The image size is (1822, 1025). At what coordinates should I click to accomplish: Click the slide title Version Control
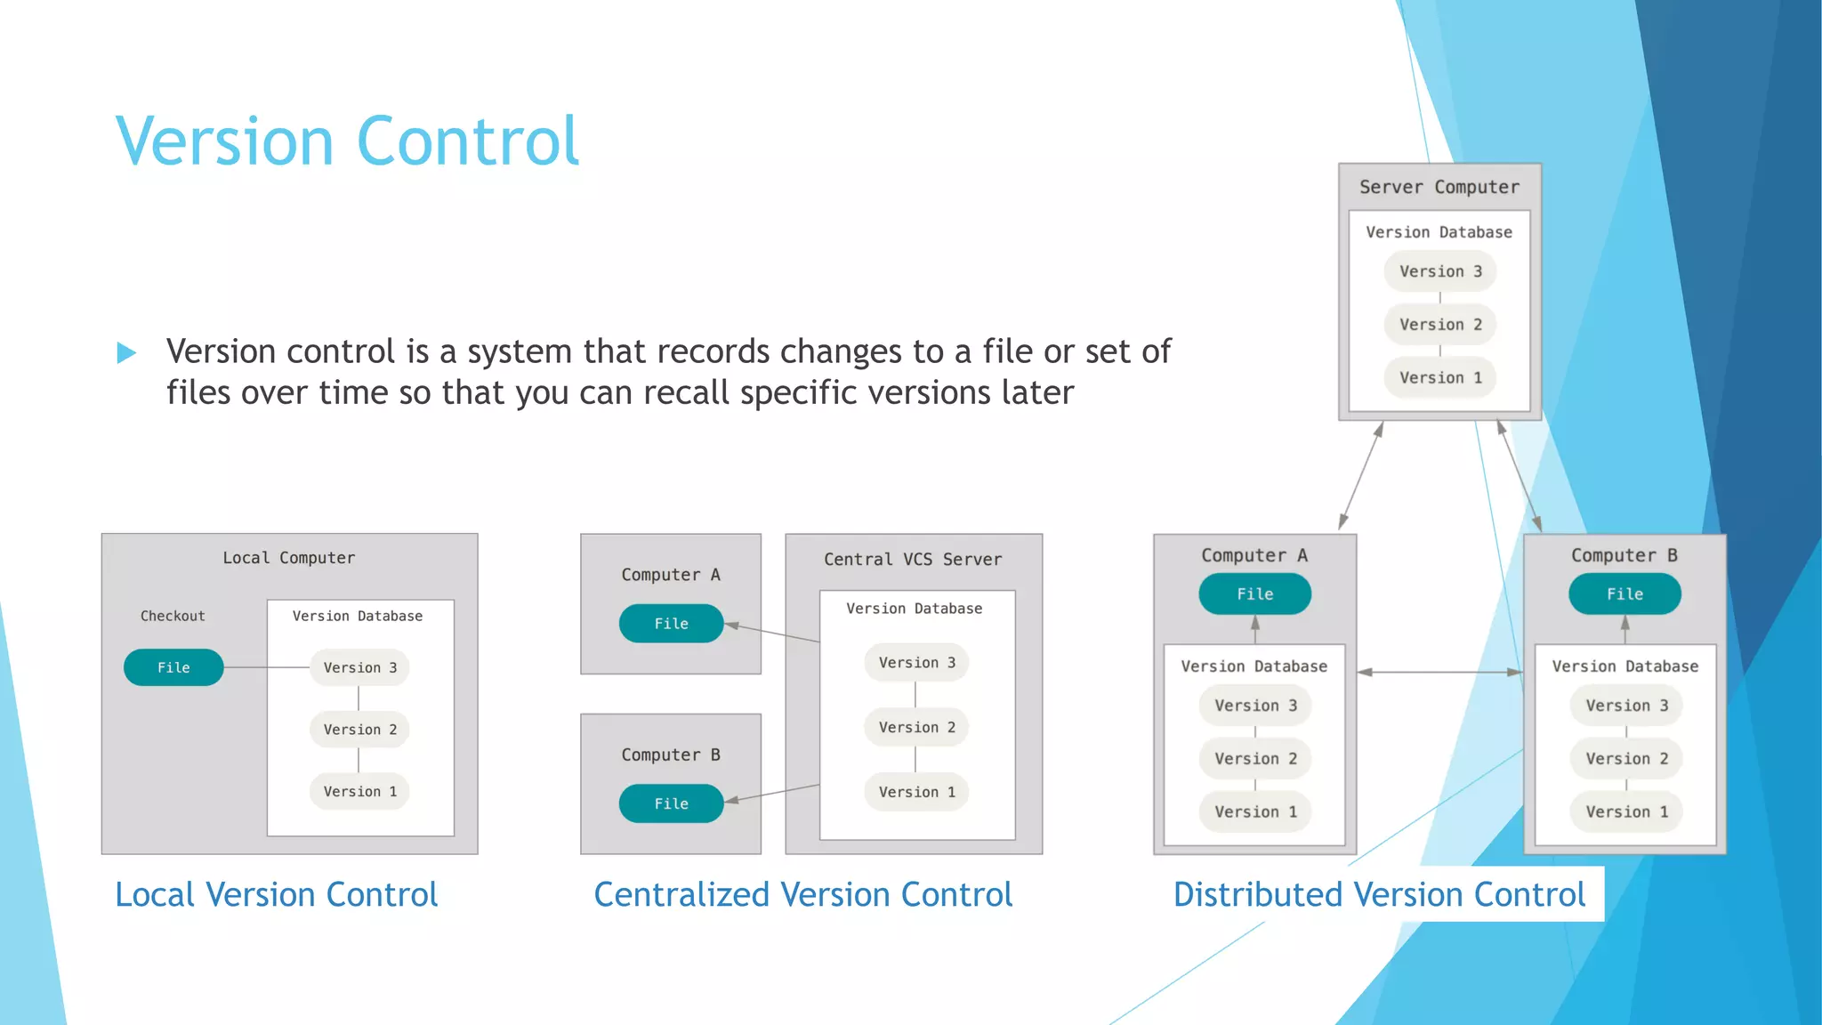347,141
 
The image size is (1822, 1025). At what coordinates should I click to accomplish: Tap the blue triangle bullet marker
126,353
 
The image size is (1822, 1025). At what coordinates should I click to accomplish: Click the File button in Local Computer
173,667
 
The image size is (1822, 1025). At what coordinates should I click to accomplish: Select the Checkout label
173,616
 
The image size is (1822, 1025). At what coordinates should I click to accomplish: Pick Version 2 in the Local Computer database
359,730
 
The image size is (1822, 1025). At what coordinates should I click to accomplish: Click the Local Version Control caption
276,894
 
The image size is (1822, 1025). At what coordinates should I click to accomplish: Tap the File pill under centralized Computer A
671,624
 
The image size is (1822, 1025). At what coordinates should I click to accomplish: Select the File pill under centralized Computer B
671,803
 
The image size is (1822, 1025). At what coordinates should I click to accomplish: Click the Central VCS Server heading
913,560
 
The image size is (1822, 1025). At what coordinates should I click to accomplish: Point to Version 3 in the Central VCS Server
916,663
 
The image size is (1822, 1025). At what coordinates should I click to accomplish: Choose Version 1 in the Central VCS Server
916,792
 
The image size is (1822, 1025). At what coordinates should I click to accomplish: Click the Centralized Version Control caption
802,894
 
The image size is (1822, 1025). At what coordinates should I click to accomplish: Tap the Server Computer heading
1439,187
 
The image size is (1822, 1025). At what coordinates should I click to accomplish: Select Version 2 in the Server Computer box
1439,325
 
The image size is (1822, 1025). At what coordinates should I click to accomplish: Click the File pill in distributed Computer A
1254,594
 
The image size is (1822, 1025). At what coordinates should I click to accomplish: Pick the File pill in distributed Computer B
1624,594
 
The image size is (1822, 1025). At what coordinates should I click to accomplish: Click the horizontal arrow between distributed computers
1439,673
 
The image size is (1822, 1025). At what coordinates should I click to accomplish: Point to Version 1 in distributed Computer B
1626,811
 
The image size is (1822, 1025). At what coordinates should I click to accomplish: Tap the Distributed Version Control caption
1379,894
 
